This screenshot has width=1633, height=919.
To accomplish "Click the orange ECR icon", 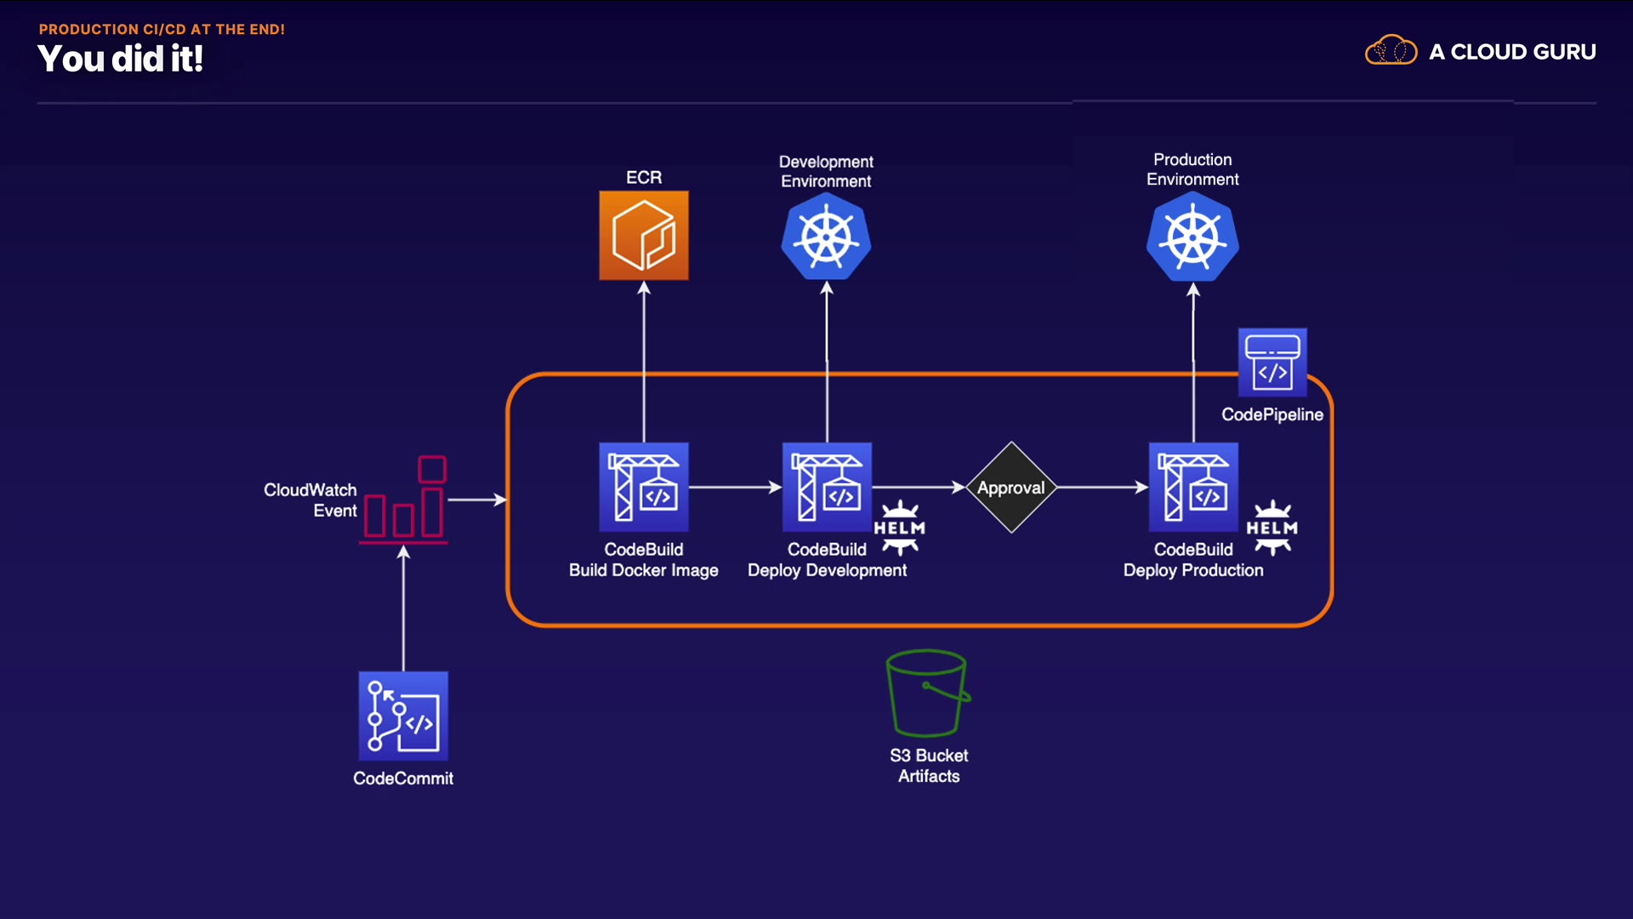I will click(644, 236).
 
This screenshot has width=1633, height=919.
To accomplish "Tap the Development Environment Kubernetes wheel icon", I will click(826, 237).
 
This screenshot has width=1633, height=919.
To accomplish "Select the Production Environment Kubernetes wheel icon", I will click(1192, 237).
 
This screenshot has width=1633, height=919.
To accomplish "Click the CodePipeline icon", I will click(1272, 362).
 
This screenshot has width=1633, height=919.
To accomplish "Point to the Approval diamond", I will click(1011, 488).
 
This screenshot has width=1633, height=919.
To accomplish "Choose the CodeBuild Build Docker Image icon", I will click(644, 488).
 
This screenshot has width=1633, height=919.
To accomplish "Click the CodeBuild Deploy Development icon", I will click(827, 488).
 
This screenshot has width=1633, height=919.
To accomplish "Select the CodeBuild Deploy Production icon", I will click(1193, 488).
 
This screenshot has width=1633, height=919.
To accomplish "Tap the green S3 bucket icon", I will click(928, 694).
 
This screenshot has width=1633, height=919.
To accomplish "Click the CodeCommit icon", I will click(403, 716).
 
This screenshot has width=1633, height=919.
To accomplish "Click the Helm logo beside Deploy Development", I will click(900, 528).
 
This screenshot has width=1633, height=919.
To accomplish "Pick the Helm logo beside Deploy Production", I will click(1272, 528).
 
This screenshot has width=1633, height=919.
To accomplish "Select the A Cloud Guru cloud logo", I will click(1391, 51).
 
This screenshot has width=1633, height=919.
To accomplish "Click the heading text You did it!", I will click(121, 60).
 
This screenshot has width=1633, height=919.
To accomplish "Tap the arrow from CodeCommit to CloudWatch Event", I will click(403, 608).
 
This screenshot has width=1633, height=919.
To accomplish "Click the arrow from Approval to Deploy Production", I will click(1102, 488).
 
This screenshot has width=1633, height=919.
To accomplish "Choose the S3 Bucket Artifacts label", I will click(929, 766).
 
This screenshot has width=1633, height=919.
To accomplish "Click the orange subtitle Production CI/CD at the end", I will click(162, 29).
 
